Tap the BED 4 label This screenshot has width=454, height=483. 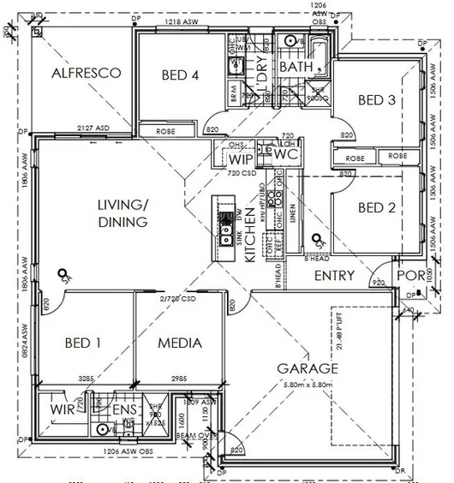point(180,75)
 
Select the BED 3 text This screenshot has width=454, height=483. point(376,100)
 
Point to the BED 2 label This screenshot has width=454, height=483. point(376,207)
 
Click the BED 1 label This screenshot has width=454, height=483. point(83,343)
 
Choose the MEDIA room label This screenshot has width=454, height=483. point(181,343)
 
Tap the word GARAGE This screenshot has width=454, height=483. point(308,368)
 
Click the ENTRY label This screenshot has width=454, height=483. point(334,276)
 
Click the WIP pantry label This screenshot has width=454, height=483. point(239,158)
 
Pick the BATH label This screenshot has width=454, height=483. point(296,67)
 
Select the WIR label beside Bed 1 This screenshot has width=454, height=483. point(61,410)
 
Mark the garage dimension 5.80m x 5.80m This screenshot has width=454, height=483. point(308,384)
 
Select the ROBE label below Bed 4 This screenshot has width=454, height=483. point(166,132)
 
